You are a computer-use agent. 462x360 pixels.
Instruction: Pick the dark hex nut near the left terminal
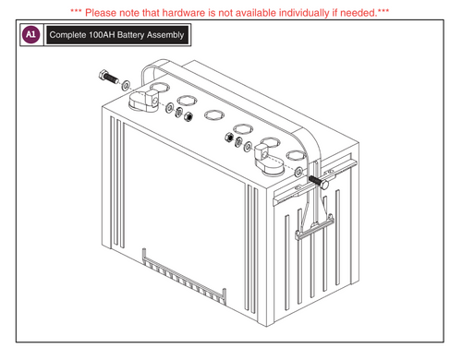[x=188, y=117]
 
